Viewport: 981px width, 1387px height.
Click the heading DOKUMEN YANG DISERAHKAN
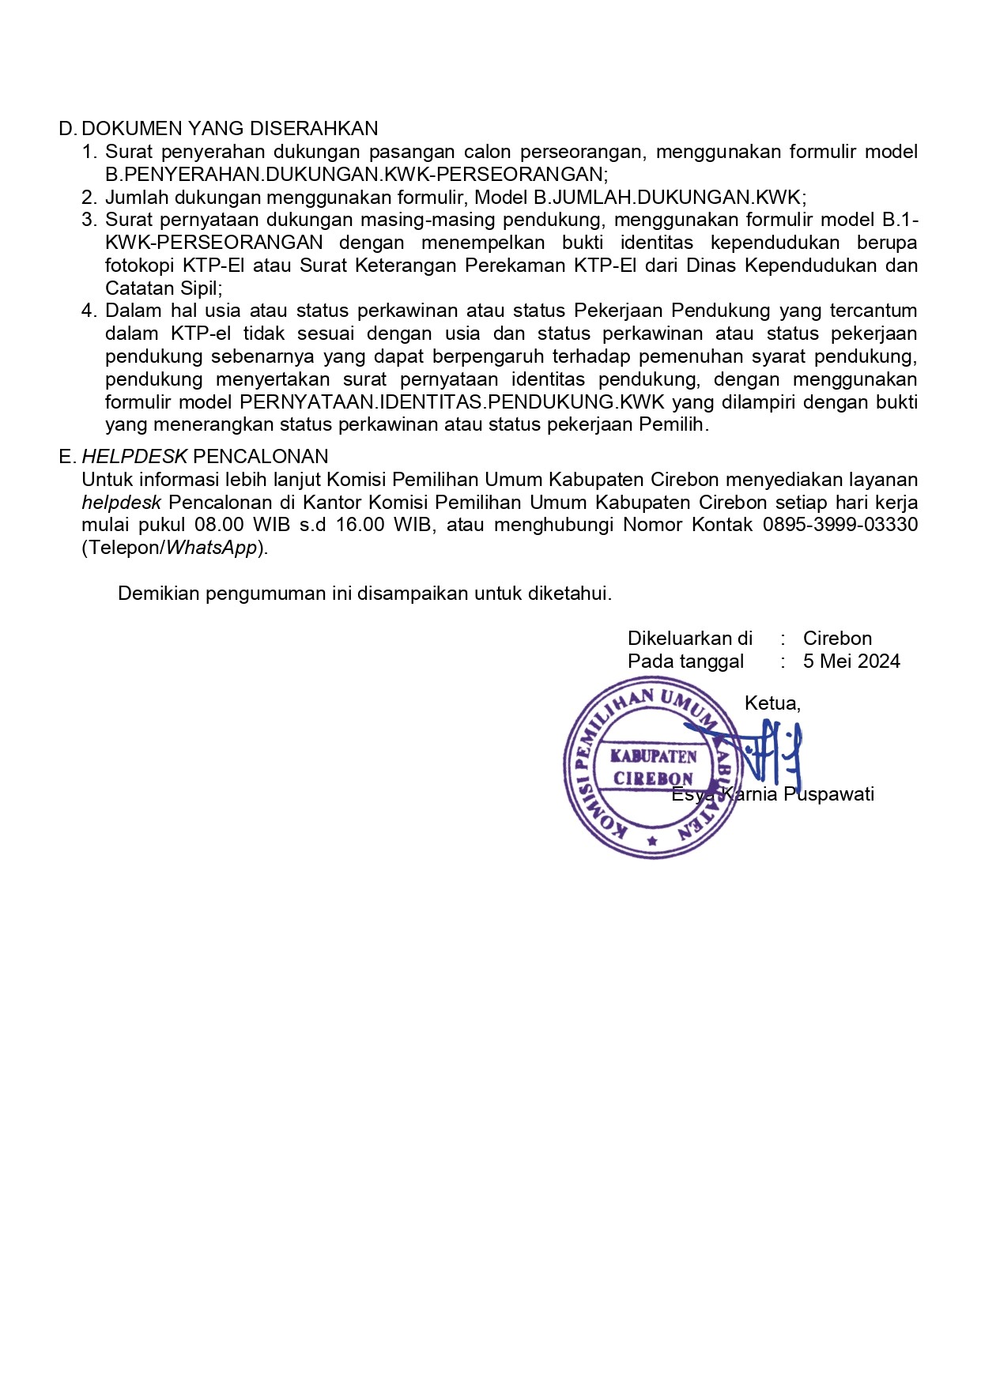pos(230,129)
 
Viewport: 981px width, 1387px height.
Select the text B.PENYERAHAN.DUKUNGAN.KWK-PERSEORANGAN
pos(356,175)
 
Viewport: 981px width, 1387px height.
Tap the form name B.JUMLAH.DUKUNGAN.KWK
pos(668,198)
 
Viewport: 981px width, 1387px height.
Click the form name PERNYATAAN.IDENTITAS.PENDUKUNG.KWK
pos(452,402)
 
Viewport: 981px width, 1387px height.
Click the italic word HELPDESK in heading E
pos(134,457)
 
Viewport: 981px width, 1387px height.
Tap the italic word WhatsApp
pos(211,548)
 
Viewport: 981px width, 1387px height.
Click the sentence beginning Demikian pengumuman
pos(364,594)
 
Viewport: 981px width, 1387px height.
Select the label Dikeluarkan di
pos(689,639)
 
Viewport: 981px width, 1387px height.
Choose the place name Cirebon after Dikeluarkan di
pos(837,639)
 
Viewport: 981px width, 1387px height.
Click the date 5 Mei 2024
pos(851,661)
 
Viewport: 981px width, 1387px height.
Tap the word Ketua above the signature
pos(772,703)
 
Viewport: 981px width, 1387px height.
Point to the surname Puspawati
pos(828,794)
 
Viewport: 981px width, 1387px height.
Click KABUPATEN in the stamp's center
pos(653,756)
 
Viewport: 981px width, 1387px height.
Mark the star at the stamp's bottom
pos(652,842)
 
